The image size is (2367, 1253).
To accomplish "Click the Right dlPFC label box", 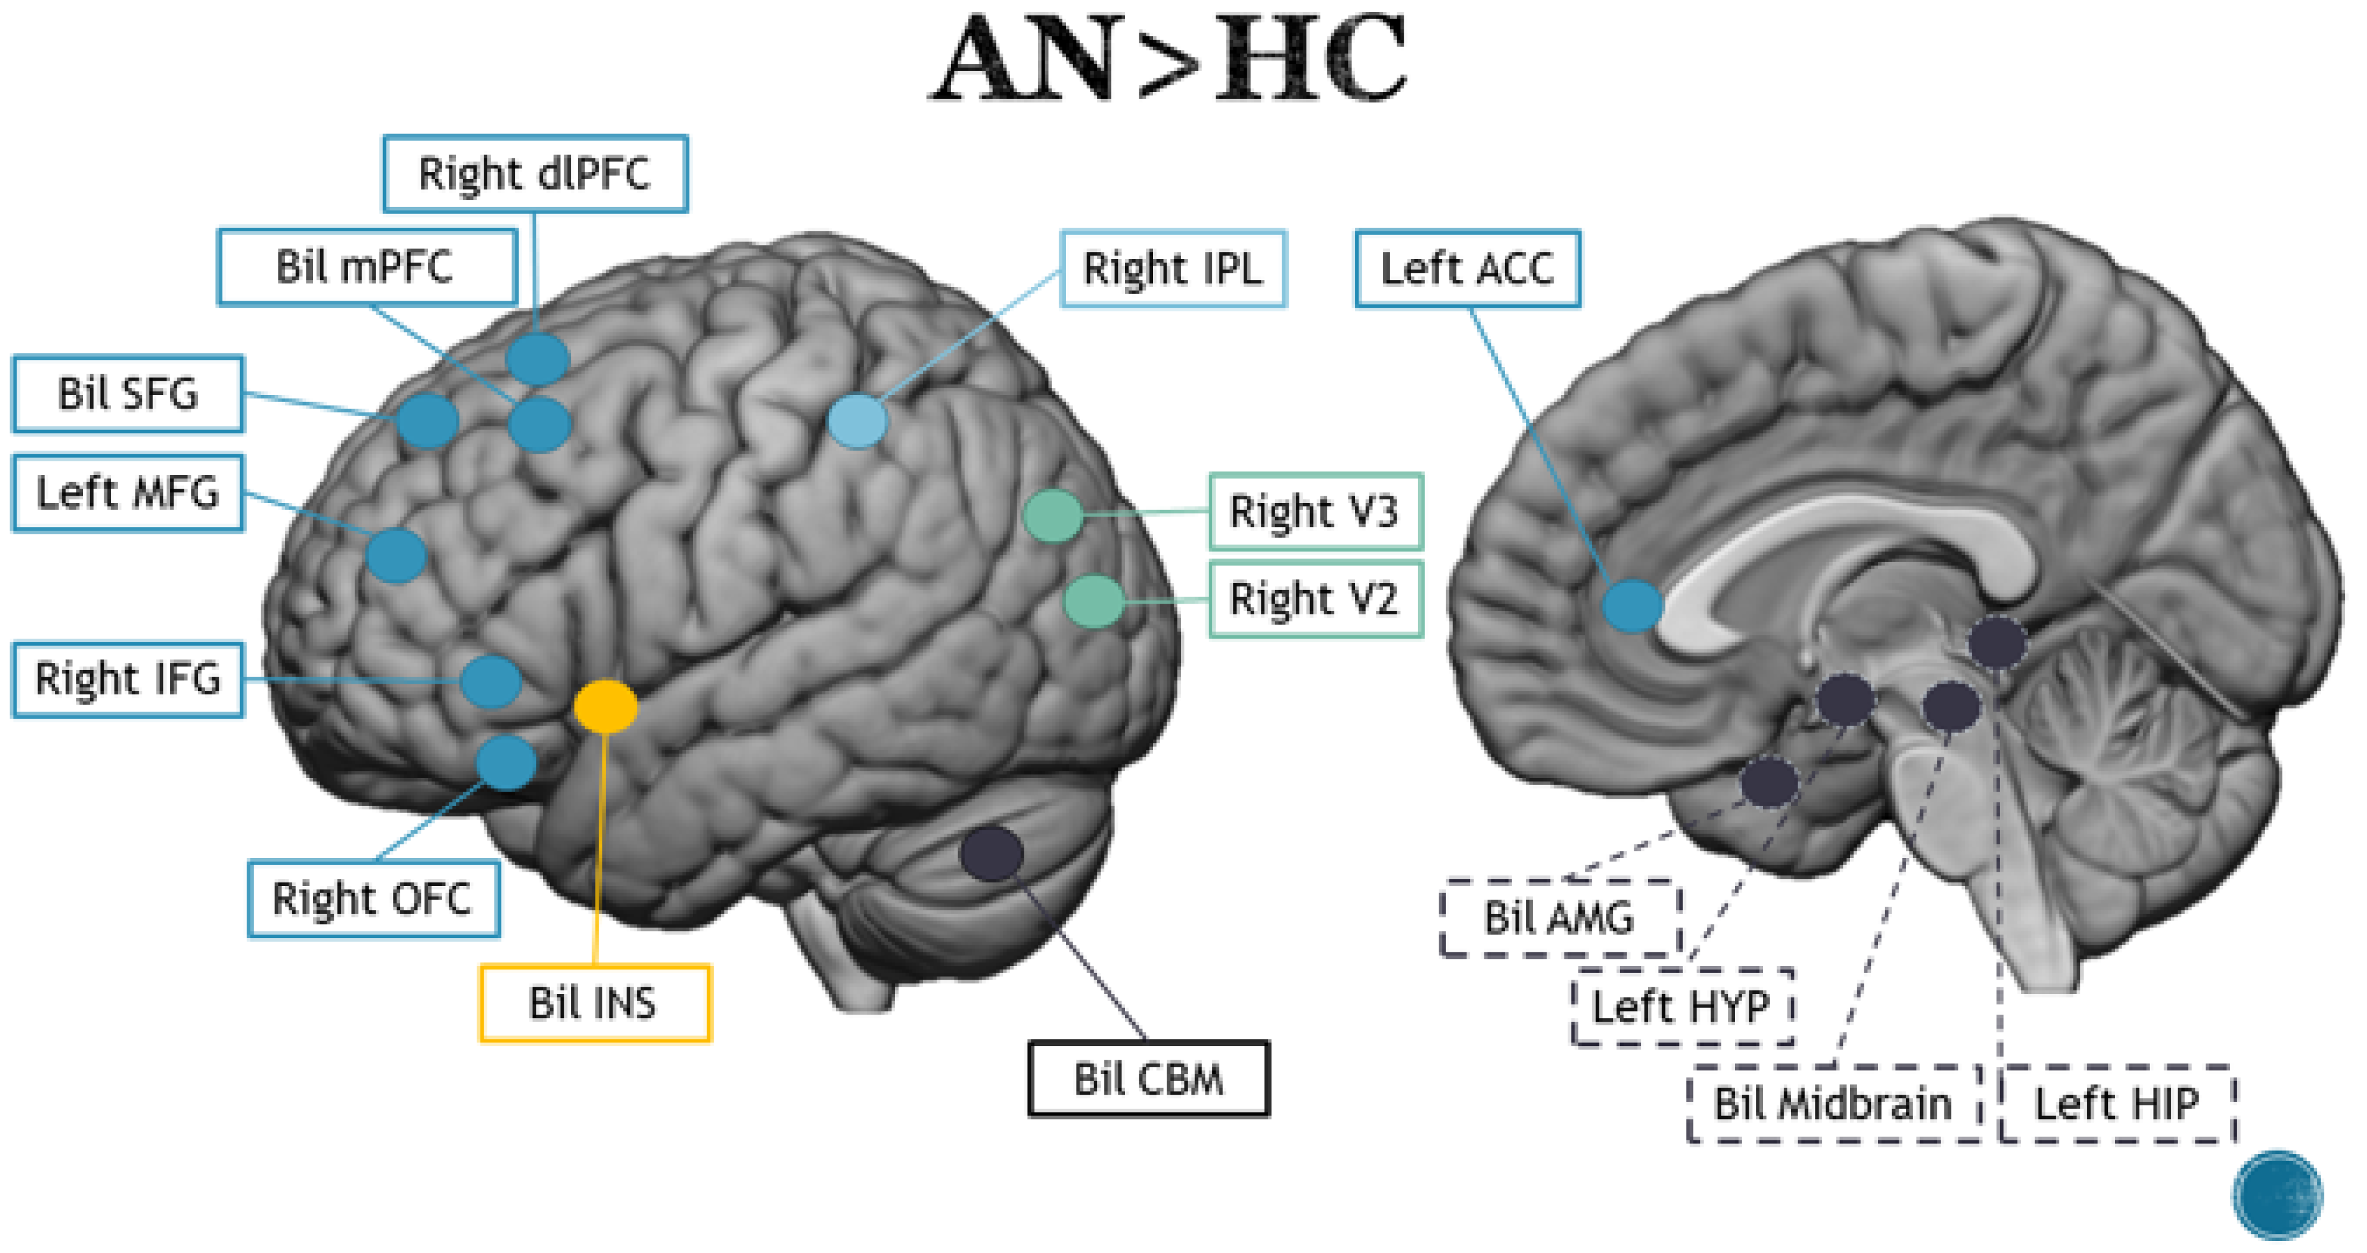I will pyautogui.click(x=535, y=174).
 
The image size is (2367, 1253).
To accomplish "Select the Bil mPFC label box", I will pyautogui.click(x=366, y=267).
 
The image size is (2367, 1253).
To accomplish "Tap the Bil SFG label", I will pyautogui.click(x=127, y=394).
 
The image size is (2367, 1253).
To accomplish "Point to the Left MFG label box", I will pyautogui.click(x=127, y=493).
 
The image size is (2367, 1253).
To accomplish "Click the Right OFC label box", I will pyautogui.click(x=373, y=898).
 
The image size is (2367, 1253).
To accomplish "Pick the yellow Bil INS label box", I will pyautogui.click(x=595, y=1002).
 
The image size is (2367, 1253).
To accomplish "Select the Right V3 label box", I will pyautogui.click(x=1315, y=511).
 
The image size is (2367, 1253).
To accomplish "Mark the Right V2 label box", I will pyautogui.click(x=1315, y=600).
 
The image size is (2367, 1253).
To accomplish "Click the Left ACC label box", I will pyautogui.click(x=1467, y=269).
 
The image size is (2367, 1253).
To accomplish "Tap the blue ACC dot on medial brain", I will pyautogui.click(x=1632, y=605).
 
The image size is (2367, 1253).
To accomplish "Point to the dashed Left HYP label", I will pyautogui.click(x=1682, y=1007).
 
